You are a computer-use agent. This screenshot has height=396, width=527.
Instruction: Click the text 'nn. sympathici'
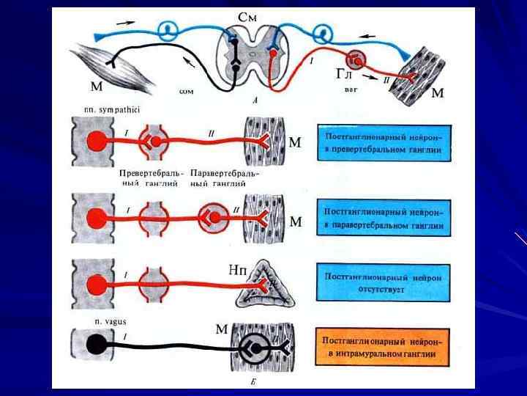112,109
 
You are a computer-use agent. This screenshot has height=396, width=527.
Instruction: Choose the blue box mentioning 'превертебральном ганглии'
386,143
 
